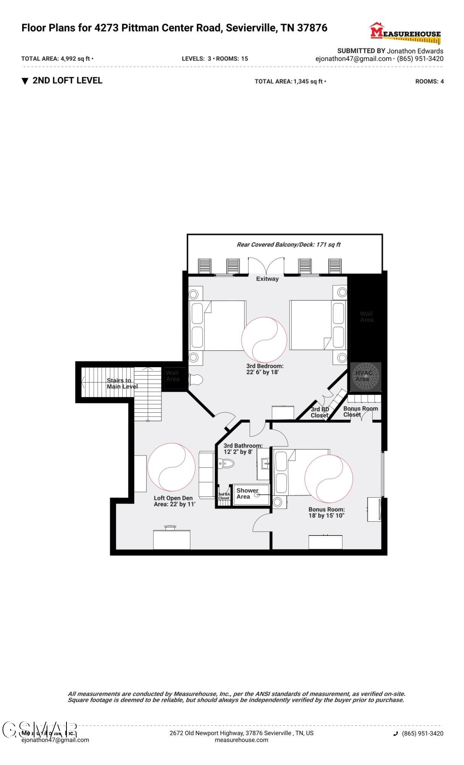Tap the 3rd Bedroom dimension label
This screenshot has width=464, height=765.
click(x=264, y=369)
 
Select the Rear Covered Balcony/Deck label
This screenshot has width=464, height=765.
click(x=288, y=245)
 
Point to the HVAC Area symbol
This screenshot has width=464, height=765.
click(x=366, y=377)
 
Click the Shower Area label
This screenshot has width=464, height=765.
click(x=247, y=493)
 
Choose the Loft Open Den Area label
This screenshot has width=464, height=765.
click(x=174, y=501)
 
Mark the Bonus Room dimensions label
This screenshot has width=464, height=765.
click(x=326, y=513)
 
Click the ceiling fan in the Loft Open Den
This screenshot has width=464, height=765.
click(x=172, y=467)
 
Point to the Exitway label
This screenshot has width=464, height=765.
click(x=267, y=279)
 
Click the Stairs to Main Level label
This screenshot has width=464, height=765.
click(x=122, y=383)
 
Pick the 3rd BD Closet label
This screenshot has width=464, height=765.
click(x=320, y=412)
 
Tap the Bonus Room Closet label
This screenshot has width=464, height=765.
click(x=360, y=411)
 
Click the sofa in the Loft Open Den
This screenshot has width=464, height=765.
click(x=206, y=474)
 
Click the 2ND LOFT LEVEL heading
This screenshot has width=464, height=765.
click(x=67, y=81)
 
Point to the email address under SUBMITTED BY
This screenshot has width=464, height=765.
click(x=353, y=59)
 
